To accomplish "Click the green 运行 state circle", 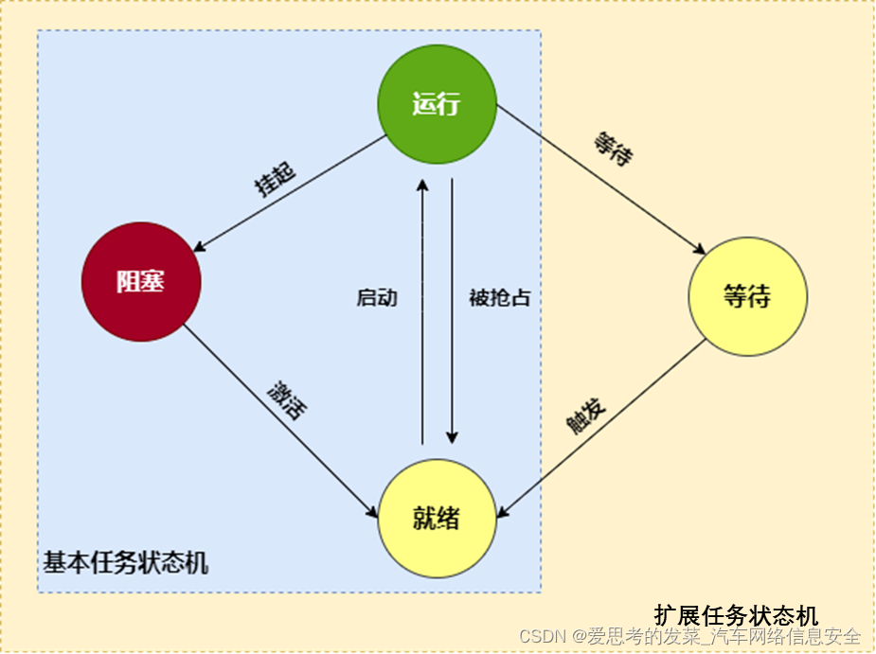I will click(x=437, y=104).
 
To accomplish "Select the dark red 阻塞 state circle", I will click(x=141, y=282).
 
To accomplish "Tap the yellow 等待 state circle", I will click(x=747, y=296).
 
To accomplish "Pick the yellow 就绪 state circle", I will click(x=437, y=519).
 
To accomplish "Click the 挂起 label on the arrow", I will click(x=276, y=178).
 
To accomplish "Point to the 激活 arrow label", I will click(x=287, y=399).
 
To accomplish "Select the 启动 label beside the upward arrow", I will click(x=377, y=298).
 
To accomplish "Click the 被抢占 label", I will click(x=500, y=298).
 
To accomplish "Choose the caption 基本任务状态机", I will click(x=126, y=564).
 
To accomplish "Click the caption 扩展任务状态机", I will click(x=736, y=615).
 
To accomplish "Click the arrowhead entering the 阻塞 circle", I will click(x=198, y=248).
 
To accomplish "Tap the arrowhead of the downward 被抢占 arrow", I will click(x=452, y=437).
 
